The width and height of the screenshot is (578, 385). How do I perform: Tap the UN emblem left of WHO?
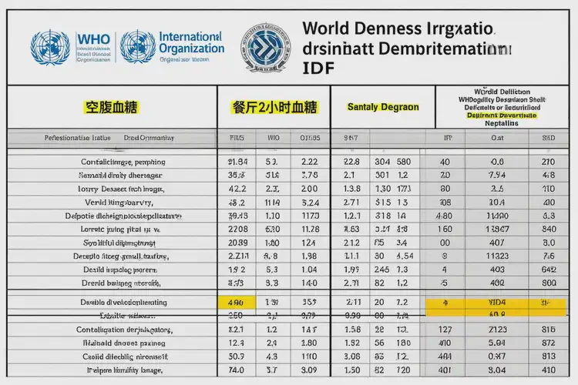pyautogui.click(x=49, y=46)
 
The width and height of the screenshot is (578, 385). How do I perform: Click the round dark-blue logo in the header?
pyautogui.click(x=267, y=46)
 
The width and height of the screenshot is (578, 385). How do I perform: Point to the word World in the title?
pyautogui.click(x=328, y=28)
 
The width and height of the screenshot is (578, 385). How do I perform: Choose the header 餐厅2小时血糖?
pyautogui.click(x=274, y=107)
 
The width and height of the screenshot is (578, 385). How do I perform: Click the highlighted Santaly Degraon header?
pyautogui.click(x=383, y=107)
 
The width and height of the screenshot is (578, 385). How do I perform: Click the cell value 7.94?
pyautogui.click(x=497, y=175)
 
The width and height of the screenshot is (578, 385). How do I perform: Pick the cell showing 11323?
pyautogui.click(x=497, y=256)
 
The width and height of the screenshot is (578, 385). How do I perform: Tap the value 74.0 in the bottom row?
pyautogui.click(x=237, y=370)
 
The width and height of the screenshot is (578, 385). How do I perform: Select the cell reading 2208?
pyautogui.click(x=237, y=229)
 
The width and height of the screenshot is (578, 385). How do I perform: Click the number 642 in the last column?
pyautogui.click(x=549, y=269)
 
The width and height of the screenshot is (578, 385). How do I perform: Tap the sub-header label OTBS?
pyautogui.click(x=309, y=139)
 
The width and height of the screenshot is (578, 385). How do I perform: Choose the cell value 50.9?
pyautogui.click(x=237, y=357)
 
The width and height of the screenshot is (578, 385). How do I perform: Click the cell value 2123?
pyautogui.click(x=497, y=330)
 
